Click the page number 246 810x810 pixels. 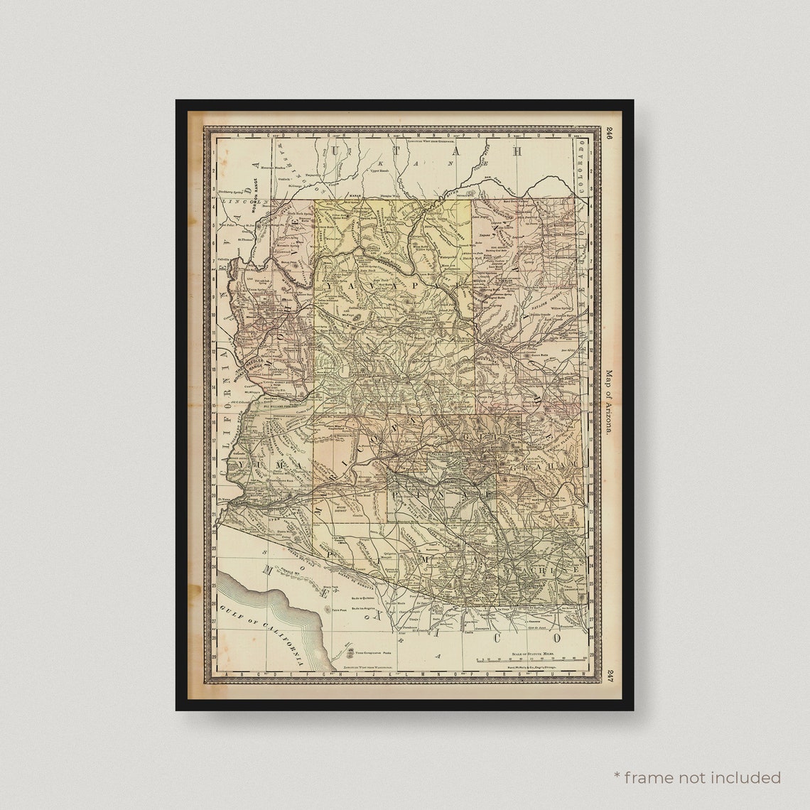(x=609, y=133)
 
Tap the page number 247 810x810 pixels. (x=609, y=674)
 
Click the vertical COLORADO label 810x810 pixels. (x=582, y=167)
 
